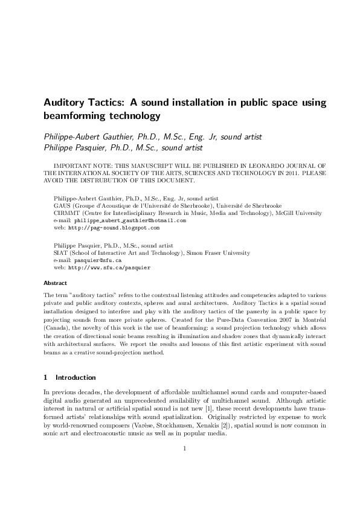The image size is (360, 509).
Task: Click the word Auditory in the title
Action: tap(64, 103)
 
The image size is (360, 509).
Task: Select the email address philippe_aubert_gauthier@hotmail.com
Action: tap(130, 221)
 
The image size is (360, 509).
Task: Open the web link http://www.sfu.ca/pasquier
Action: tap(109, 267)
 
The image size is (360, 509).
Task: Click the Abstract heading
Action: tap(56, 282)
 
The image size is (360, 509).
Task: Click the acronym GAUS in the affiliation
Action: tap(62, 205)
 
